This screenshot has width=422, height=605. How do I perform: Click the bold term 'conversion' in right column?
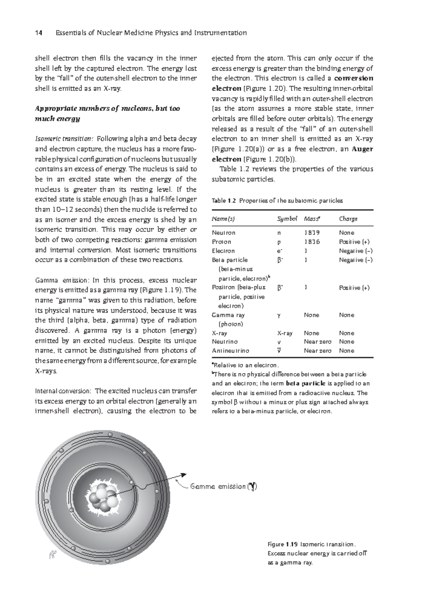tap(353, 78)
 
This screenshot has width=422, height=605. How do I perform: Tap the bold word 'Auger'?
tap(362, 149)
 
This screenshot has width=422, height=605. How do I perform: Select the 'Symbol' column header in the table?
tap(287, 219)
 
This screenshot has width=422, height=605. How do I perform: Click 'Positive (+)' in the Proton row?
tap(354, 242)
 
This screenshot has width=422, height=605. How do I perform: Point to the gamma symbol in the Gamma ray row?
tap(279, 315)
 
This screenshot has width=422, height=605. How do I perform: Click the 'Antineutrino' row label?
tap(230, 351)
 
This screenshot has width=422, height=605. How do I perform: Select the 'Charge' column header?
tap(348, 219)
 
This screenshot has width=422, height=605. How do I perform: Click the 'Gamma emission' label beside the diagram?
tap(218, 486)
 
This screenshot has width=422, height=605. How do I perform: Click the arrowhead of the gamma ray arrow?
tap(183, 475)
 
